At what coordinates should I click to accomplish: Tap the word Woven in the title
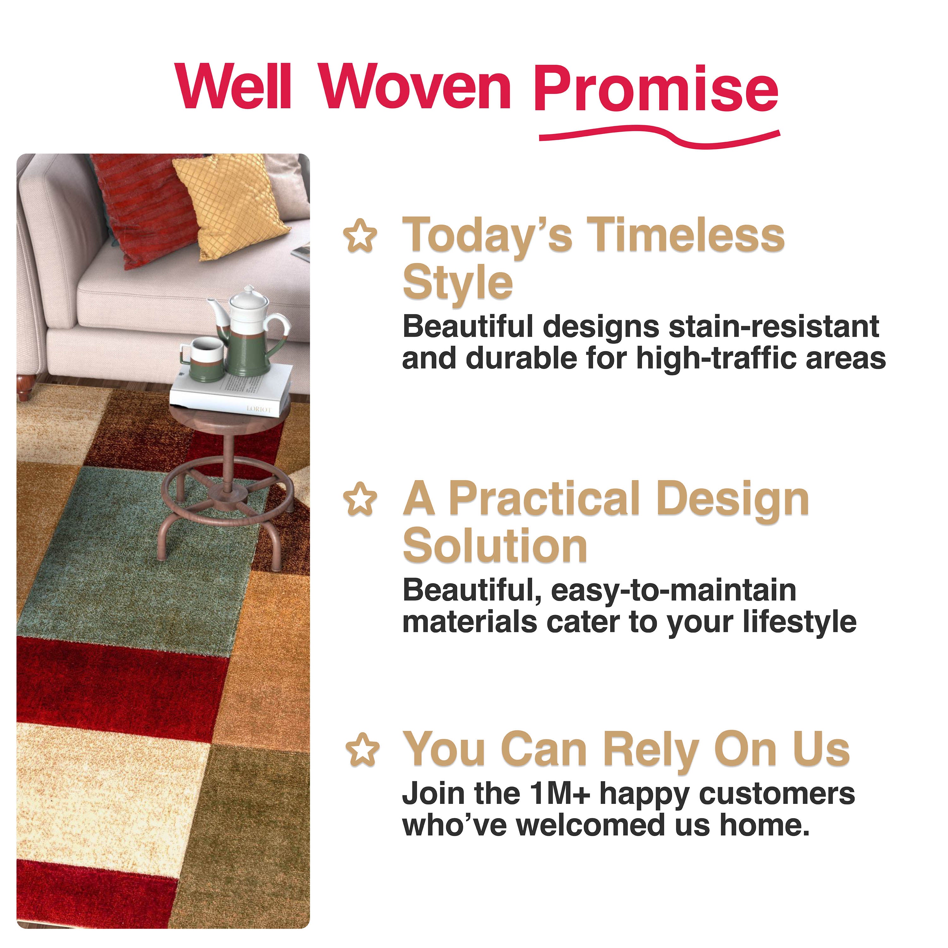tap(416, 87)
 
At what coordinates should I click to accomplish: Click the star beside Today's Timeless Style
tap(361, 236)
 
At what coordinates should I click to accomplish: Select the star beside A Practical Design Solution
tap(361, 500)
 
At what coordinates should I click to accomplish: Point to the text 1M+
tap(559, 793)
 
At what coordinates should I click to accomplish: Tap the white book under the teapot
tap(231, 392)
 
